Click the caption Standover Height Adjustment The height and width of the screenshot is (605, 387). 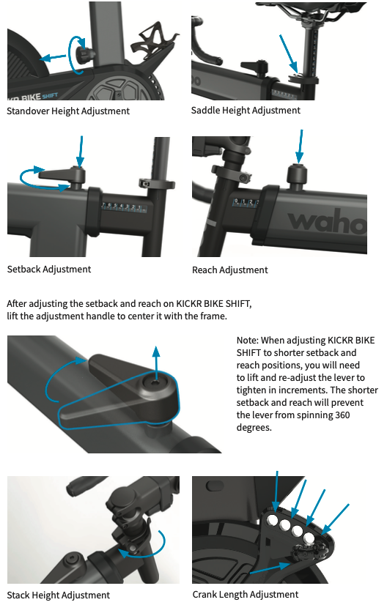pos(68,111)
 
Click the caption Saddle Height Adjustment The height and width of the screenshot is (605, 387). pos(246,111)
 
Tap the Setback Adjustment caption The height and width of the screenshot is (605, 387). pos(49,269)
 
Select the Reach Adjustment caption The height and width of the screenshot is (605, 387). pos(230,270)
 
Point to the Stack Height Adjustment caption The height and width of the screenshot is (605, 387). pos(59,595)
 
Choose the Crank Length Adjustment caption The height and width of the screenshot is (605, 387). pos(246,594)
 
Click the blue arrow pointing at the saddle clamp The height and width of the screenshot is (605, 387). pos(288,53)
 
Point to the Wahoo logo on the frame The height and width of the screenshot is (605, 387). pos(328,222)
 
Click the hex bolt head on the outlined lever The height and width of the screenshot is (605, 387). pos(155,383)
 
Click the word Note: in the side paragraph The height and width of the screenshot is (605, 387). pos(248,341)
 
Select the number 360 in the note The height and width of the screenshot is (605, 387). pos(342,415)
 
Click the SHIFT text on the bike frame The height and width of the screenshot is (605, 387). pos(50,95)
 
